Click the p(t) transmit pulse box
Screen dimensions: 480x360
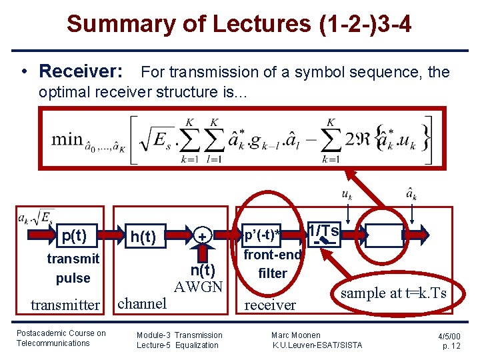point(73,236)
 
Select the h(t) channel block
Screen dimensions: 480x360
point(143,237)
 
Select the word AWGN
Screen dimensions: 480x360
point(197,287)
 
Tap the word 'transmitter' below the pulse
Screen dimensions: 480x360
point(65,305)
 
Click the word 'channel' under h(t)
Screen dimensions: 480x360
point(141,303)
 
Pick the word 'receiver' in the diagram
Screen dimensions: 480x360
point(270,305)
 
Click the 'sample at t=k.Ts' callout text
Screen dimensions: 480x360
point(393,293)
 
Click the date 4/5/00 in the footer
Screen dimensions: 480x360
point(449,335)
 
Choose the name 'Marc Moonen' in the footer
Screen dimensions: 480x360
point(295,335)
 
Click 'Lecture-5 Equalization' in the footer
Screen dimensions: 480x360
point(177,345)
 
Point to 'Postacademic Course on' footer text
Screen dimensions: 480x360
point(61,333)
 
